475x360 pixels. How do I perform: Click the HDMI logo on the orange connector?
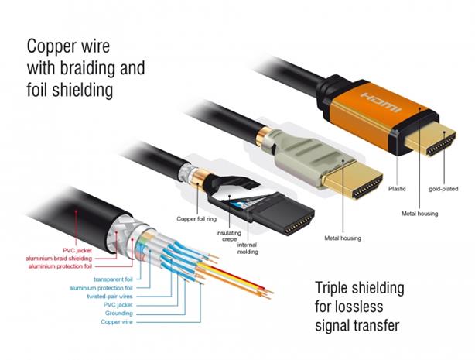[x=381, y=102]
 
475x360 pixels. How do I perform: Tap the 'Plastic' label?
[x=397, y=189]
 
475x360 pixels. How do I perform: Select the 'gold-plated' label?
[x=443, y=189]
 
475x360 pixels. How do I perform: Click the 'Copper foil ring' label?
[x=196, y=218]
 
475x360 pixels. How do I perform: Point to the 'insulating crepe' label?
[x=229, y=236]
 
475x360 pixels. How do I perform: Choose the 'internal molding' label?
[x=248, y=249]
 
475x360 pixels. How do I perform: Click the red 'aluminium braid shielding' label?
[x=59, y=259]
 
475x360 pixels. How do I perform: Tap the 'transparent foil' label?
[x=113, y=279]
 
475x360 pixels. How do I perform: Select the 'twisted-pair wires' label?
[x=110, y=297]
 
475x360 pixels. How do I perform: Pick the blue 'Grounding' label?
[x=119, y=314]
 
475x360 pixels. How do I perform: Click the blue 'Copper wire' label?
[x=117, y=322]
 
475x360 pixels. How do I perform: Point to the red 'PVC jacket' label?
[x=77, y=251]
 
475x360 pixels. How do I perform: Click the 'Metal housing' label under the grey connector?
[x=343, y=238]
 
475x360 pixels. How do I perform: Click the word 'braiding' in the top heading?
[x=88, y=68]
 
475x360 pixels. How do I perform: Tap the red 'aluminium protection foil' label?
[x=60, y=266]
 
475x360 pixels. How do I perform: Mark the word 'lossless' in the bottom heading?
[x=361, y=307]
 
